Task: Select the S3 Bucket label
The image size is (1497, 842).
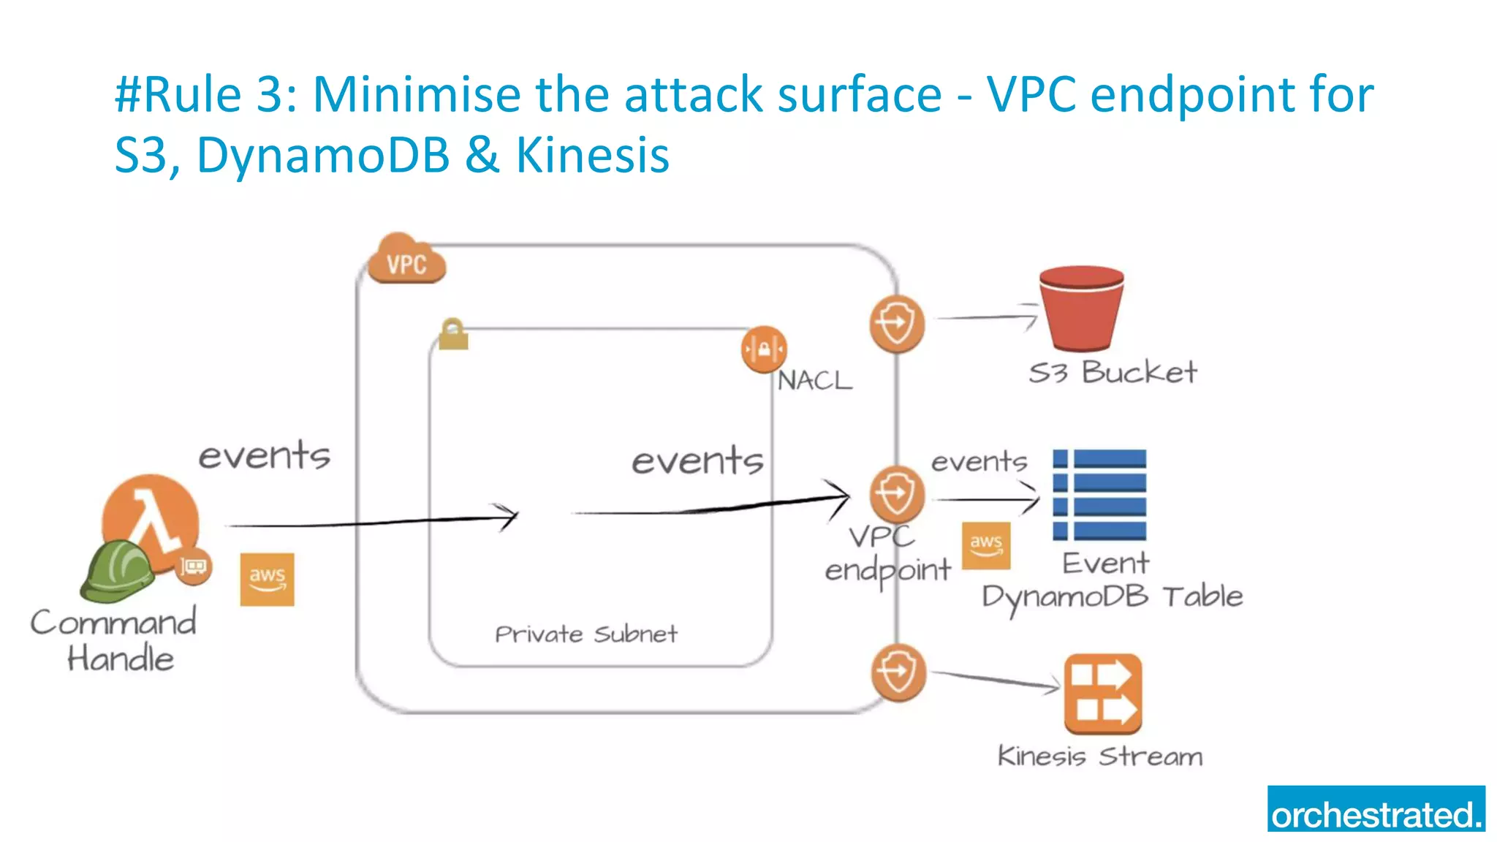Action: coord(1113,373)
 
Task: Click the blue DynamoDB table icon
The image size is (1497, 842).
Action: coord(1099,495)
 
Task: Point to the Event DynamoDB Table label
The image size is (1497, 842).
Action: coord(1111,581)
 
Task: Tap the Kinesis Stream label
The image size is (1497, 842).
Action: coord(1099,756)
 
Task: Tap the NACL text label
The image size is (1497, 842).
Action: coord(814,381)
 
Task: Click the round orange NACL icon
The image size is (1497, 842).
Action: coord(763,349)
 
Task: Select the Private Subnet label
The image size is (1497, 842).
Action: coord(585,634)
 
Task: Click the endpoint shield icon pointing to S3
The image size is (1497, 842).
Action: coord(897,323)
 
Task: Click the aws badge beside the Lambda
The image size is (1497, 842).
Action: coord(267,579)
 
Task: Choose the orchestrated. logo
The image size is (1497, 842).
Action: coord(1376,808)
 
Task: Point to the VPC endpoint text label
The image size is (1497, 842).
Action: coord(887,554)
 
